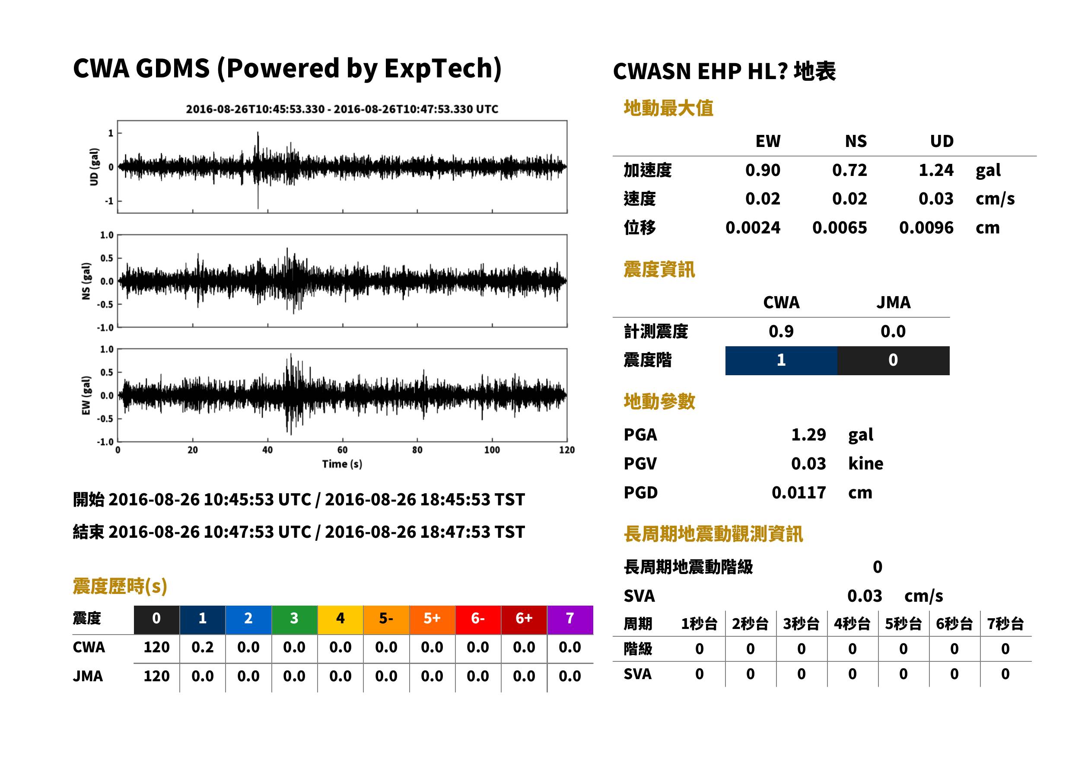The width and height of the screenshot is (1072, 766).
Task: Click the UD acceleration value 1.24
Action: [935, 170]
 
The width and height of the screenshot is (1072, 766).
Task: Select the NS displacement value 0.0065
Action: [839, 227]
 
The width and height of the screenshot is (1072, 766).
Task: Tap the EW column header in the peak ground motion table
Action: [768, 141]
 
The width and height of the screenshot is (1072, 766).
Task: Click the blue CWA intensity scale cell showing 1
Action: [781, 361]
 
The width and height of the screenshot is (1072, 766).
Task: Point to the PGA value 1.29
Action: [808, 434]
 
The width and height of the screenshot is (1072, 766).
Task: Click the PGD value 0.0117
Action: [798, 492]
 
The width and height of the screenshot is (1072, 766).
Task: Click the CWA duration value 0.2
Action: [202, 647]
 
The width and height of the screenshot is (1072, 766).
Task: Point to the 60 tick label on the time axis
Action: [342, 450]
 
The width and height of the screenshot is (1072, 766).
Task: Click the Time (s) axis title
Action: [342, 464]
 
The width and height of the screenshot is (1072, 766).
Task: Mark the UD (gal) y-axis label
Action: [94, 166]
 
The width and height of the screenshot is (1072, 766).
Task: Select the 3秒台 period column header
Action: [801, 624]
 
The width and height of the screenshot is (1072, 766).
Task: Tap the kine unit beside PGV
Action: [865, 464]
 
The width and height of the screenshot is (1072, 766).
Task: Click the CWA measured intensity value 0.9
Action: [781, 331]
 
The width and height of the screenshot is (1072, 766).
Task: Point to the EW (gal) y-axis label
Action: [86, 395]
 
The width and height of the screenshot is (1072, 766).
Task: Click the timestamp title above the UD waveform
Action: [342, 109]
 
